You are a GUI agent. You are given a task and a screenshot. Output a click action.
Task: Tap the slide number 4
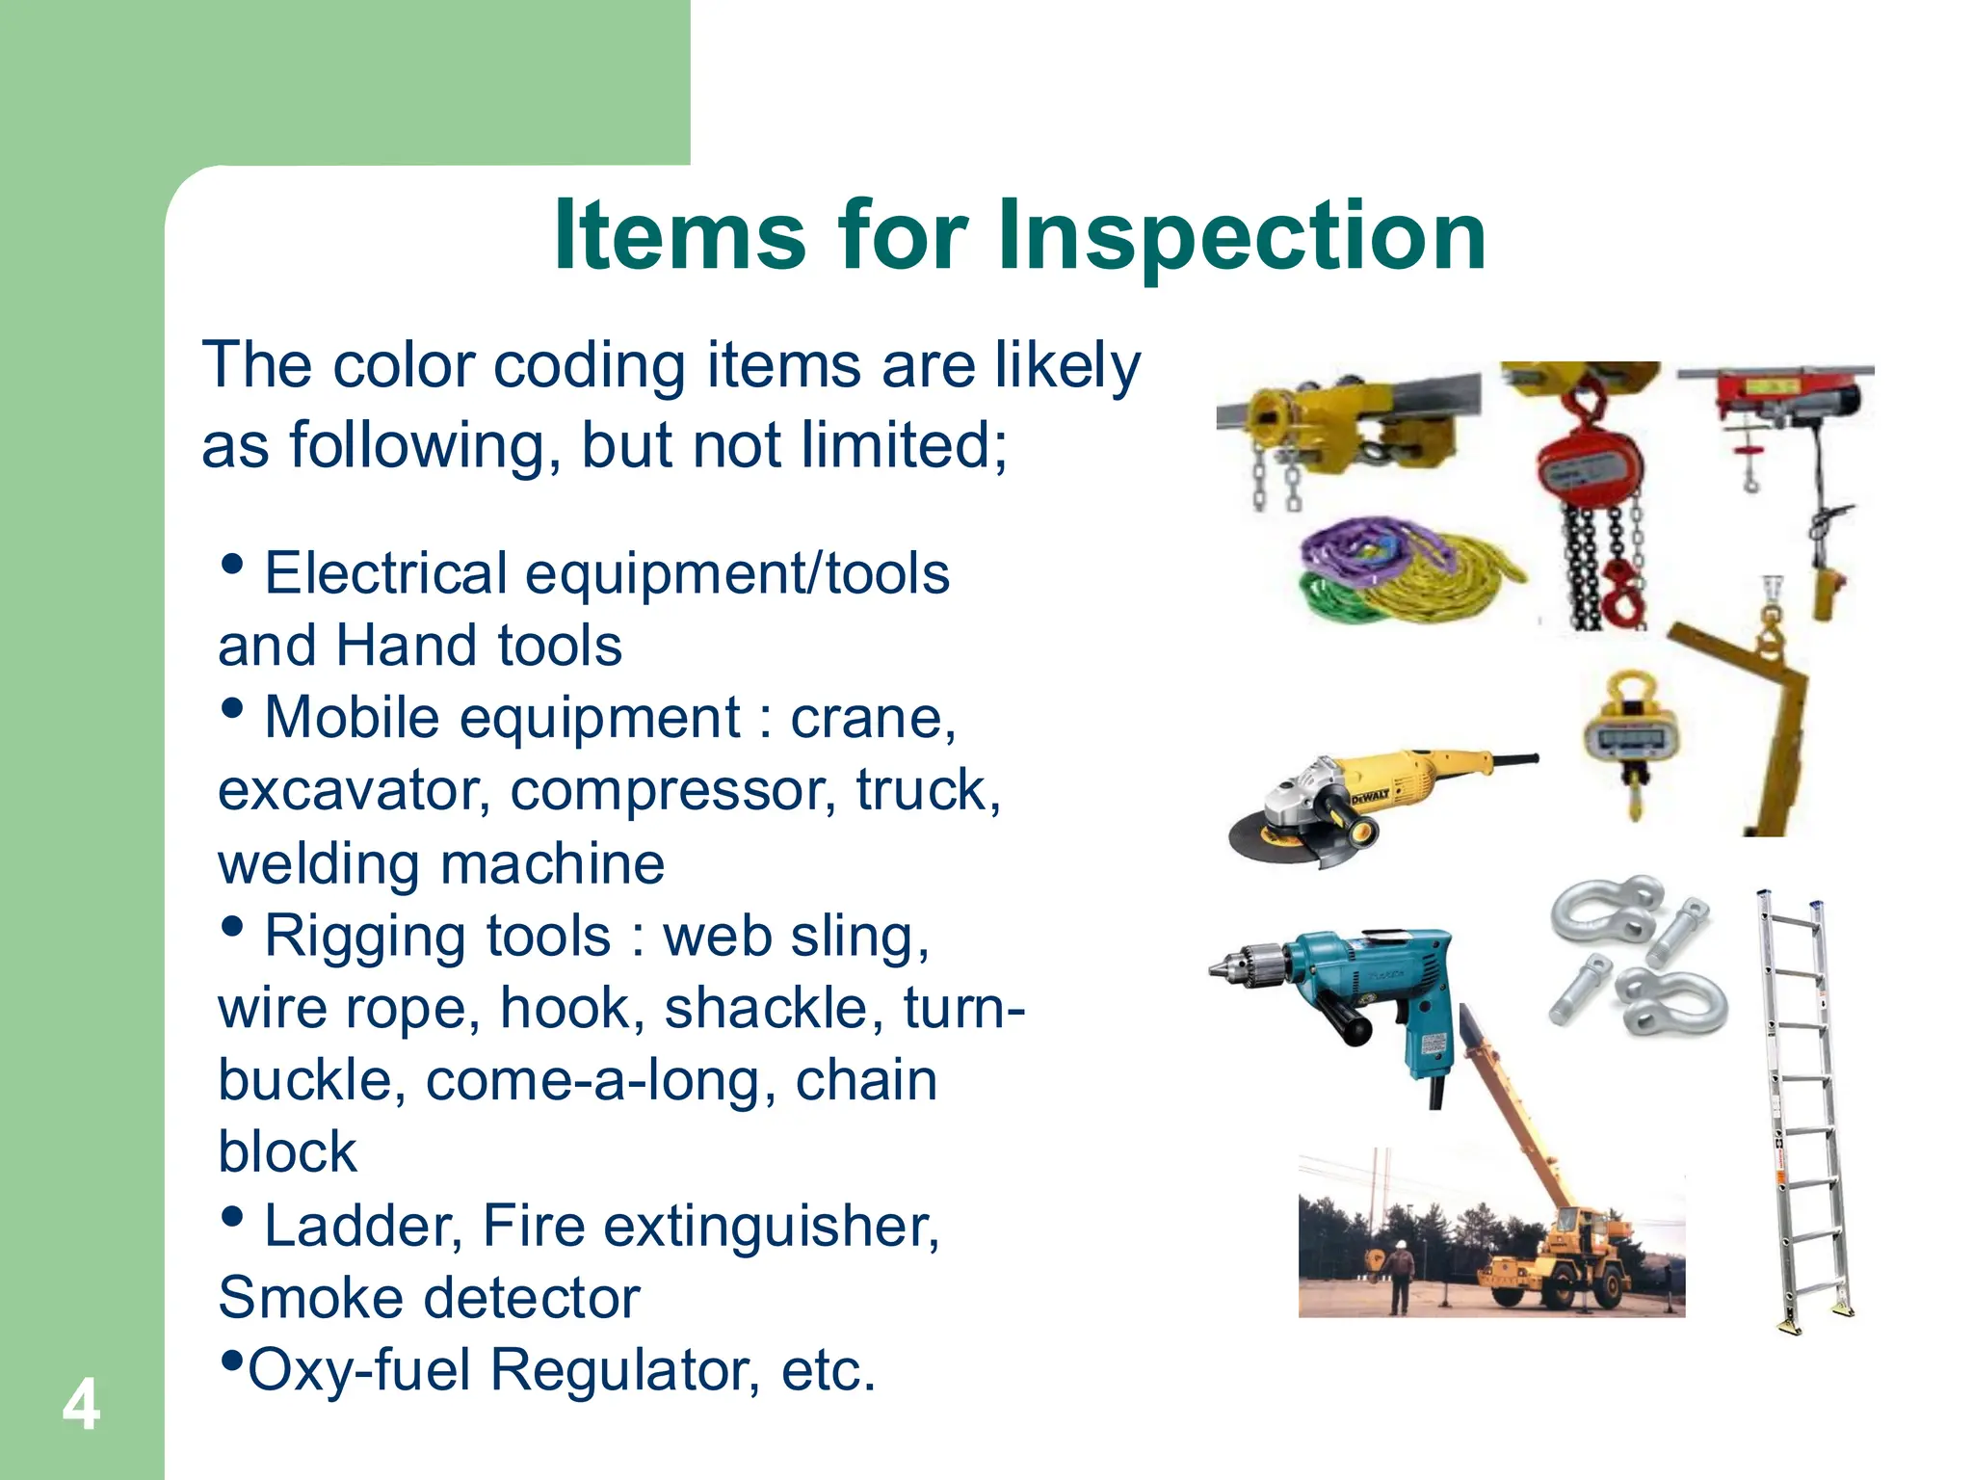coord(81,1406)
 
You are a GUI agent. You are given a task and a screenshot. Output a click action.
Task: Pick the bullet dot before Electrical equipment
coord(231,564)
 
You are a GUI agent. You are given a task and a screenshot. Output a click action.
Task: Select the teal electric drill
coord(1368,1002)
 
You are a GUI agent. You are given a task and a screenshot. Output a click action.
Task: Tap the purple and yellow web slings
coord(1397,568)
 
